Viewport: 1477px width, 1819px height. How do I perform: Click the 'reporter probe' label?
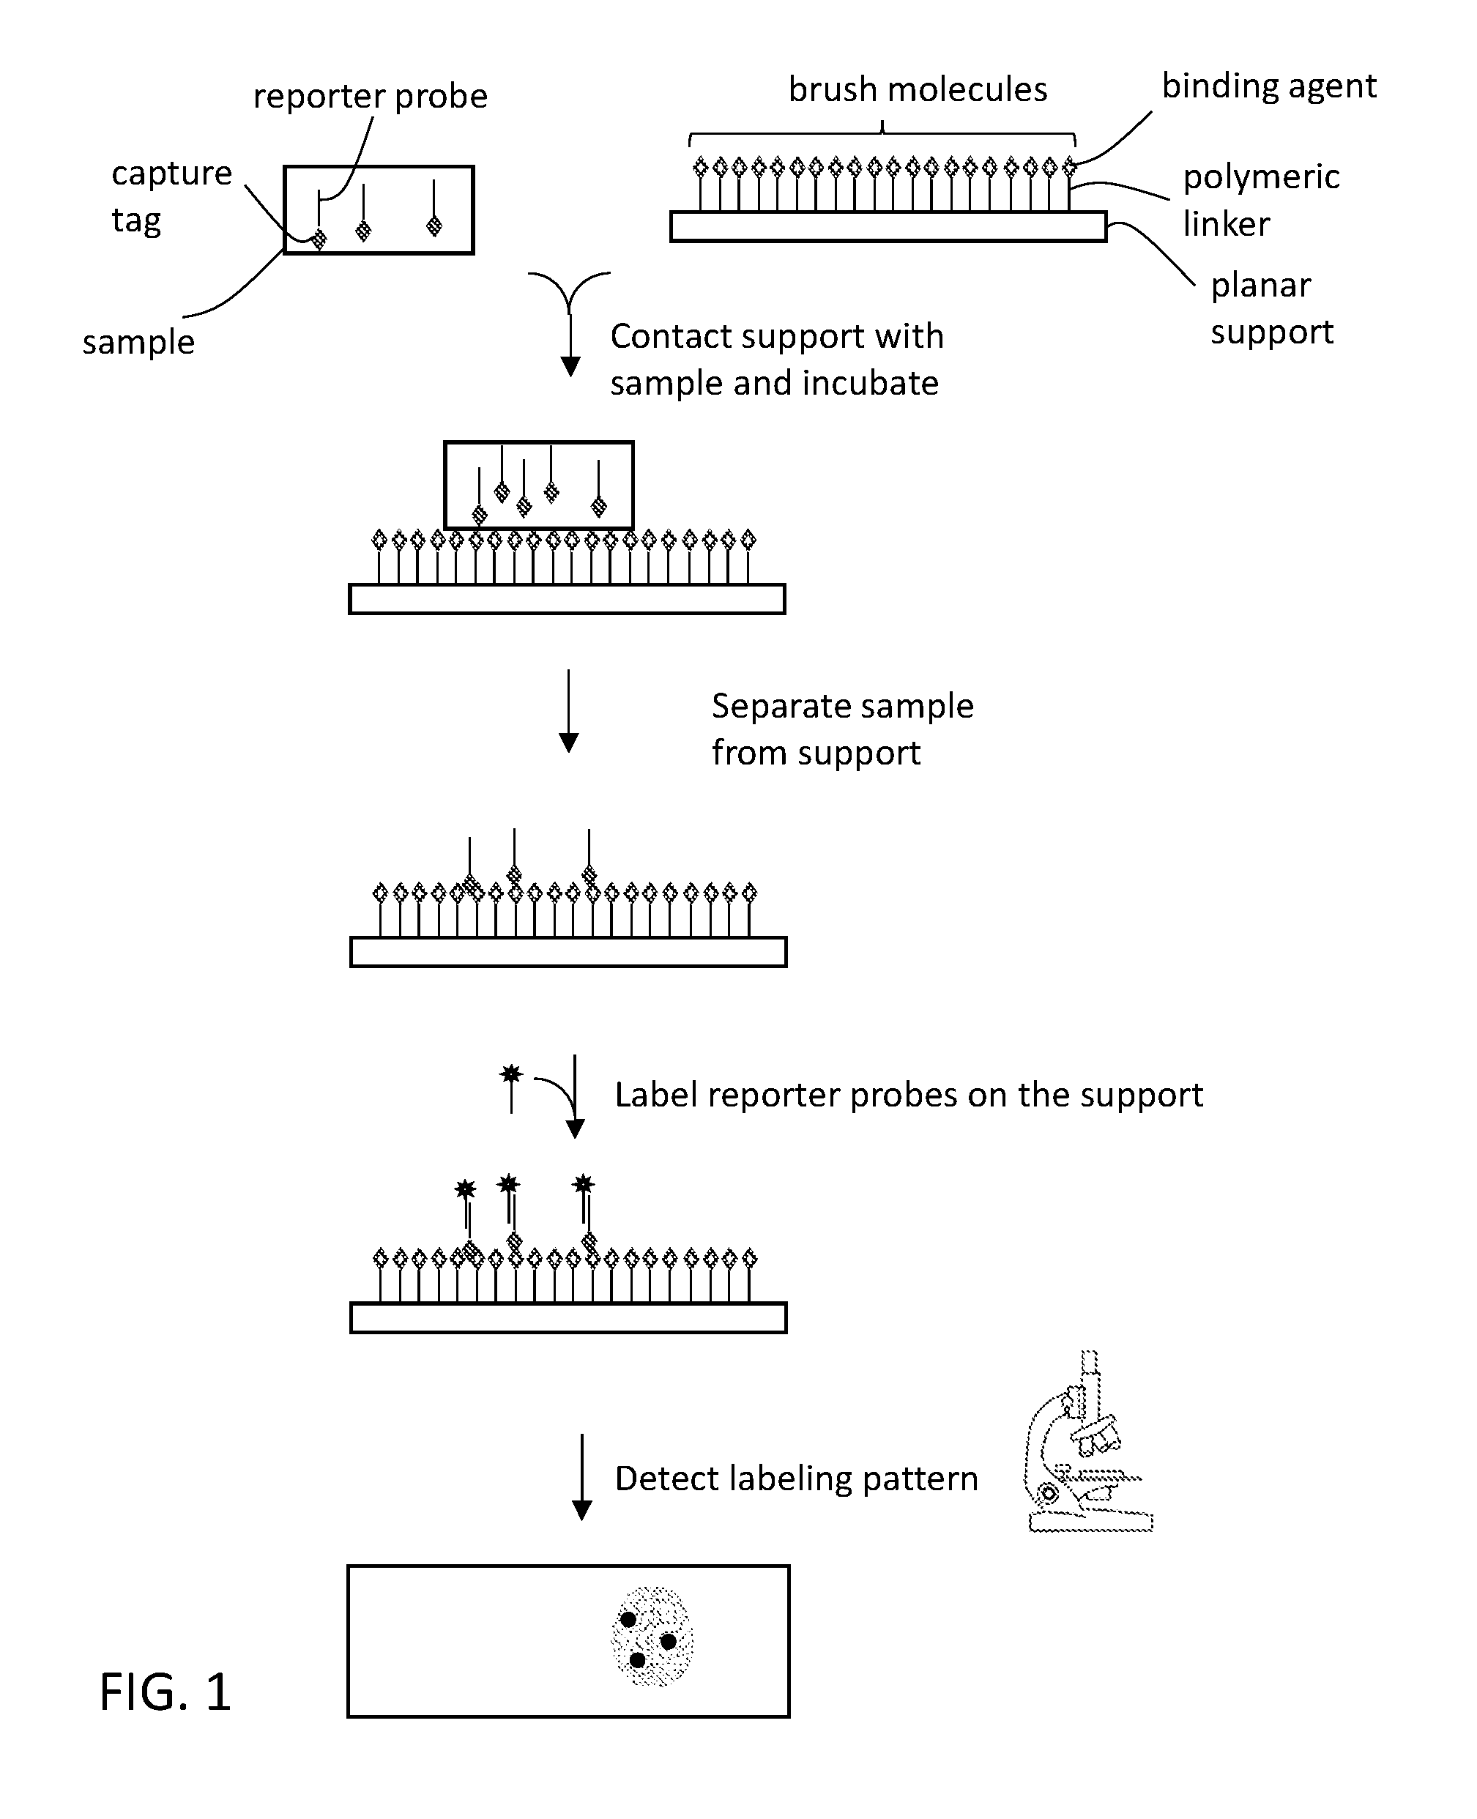click(x=370, y=96)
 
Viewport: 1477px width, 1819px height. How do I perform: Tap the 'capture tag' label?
click(x=172, y=196)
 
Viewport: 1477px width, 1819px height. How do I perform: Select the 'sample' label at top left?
click(x=138, y=342)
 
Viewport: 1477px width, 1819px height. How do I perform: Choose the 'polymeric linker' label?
click(x=1261, y=201)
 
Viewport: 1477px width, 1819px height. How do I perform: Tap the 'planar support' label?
click(x=1272, y=308)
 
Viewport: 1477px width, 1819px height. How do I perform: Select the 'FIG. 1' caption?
click(x=165, y=1692)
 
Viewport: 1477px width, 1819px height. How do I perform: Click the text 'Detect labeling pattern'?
click(x=797, y=1478)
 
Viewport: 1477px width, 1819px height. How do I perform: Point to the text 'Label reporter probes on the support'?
click(x=909, y=1095)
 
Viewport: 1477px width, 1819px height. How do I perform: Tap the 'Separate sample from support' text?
click(x=842, y=729)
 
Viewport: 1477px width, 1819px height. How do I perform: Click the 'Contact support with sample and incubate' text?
click(x=777, y=359)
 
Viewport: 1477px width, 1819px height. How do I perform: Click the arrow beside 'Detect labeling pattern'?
click(x=582, y=1477)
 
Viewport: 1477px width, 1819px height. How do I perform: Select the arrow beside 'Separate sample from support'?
click(x=568, y=711)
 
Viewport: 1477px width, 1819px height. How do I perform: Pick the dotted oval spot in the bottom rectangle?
click(x=652, y=1636)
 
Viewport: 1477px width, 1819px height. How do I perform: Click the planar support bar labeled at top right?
click(x=888, y=227)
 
